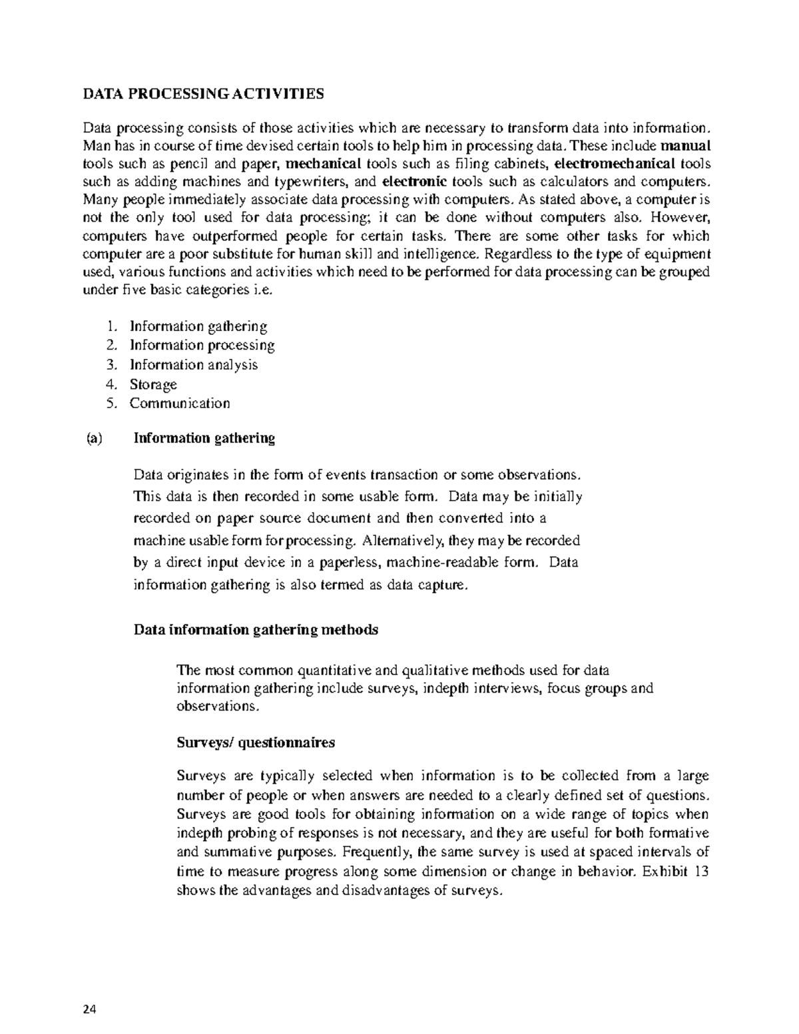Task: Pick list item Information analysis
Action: click(193, 365)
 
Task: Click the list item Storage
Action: click(153, 384)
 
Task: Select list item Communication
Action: click(180, 403)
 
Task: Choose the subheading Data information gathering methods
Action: click(256, 630)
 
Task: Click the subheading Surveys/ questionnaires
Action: click(256, 742)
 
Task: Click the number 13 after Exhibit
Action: click(700, 872)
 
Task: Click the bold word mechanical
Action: click(323, 164)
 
